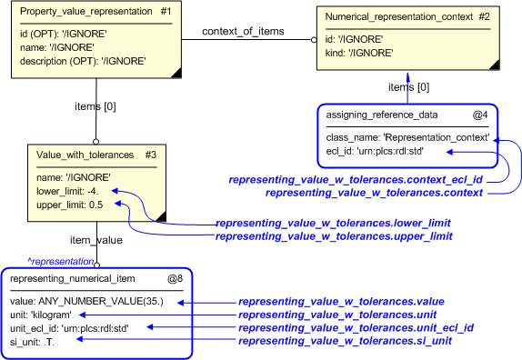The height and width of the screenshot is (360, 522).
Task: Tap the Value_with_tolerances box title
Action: pyautogui.click(x=85, y=155)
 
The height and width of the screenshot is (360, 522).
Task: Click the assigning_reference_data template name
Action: pyautogui.click(x=382, y=115)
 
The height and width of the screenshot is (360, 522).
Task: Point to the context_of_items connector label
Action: pyautogui.click(x=243, y=31)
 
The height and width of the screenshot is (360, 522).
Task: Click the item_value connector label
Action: pyautogui.click(x=96, y=239)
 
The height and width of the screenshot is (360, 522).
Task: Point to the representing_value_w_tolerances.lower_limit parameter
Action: pyautogui.click(x=333, y=223)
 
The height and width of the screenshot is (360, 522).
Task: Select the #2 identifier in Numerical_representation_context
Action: pyautogui.click(x=483, y=15)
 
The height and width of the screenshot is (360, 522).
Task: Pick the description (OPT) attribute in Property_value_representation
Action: pyautogui.click(x=83, y=61)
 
